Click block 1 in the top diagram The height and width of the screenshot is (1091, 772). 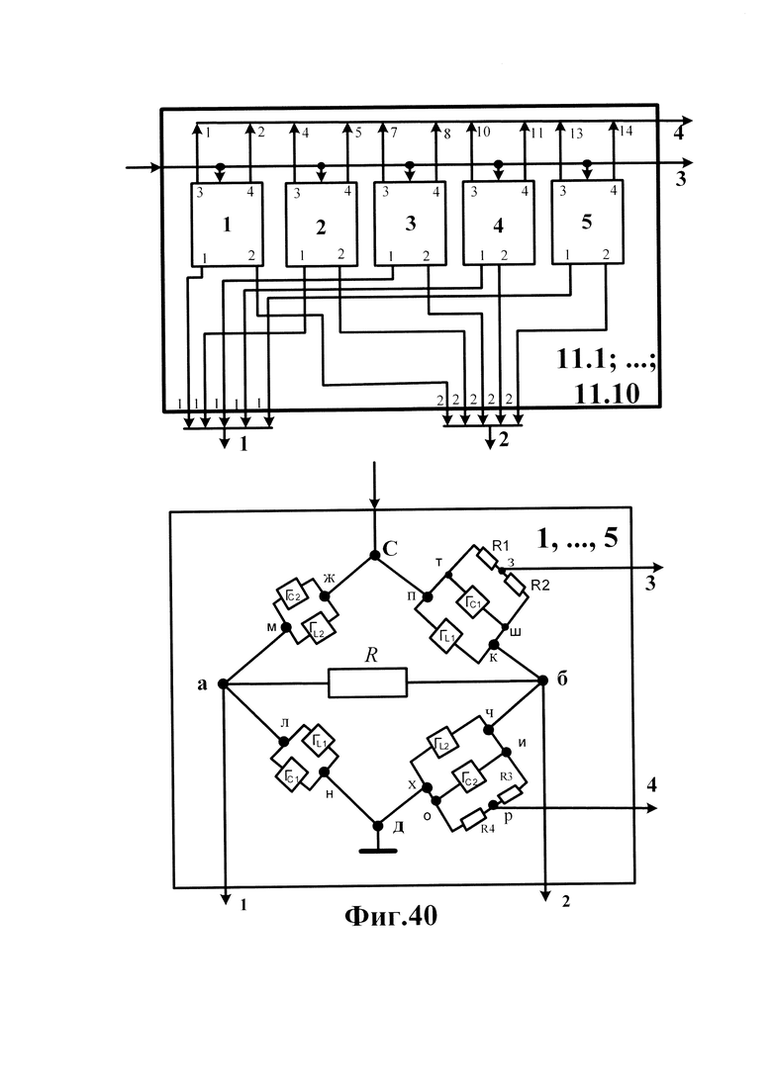227,225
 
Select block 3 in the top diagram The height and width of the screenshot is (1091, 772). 409,224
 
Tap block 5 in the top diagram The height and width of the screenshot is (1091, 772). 587,222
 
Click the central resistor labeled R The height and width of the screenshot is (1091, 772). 367,682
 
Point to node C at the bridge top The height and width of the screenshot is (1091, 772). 374,555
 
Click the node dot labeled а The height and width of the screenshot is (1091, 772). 224,683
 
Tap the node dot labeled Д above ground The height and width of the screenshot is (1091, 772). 378,826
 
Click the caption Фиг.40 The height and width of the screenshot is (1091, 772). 391,916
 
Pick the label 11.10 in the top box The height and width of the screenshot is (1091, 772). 607,394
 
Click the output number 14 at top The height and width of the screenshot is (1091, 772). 626,131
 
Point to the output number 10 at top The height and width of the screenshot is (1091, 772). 483,132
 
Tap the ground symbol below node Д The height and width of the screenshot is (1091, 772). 378,850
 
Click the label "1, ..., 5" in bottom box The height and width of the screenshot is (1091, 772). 577,537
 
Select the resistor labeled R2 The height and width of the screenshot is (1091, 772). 515,583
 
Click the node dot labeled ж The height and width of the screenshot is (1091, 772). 325,595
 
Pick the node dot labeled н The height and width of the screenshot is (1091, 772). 324,772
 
